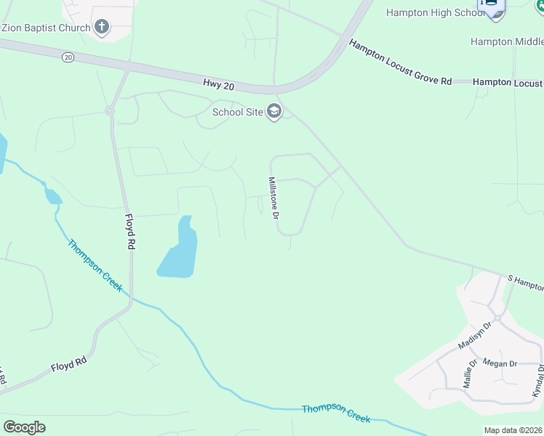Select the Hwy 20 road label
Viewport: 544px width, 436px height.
219,86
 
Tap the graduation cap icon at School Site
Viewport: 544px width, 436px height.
274,112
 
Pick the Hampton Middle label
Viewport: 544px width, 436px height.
502,41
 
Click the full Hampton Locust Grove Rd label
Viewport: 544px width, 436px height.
399,63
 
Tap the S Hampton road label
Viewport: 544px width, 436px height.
525,280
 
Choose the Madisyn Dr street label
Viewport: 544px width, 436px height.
476,335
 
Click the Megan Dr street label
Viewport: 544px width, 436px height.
500,363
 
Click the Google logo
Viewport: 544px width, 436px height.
24,427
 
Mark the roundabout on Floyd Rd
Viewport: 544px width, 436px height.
110,110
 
